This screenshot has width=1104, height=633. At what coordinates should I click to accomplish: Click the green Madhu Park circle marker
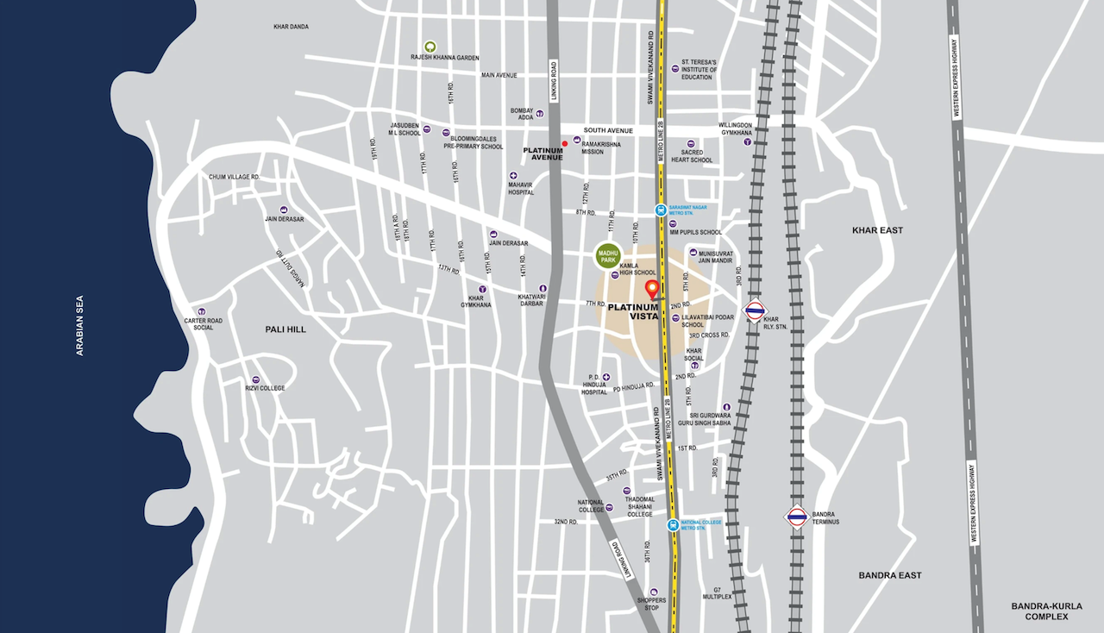608,255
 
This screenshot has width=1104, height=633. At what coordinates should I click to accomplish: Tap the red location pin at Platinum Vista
653,290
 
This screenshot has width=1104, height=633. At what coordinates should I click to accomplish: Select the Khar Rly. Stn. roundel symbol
755,310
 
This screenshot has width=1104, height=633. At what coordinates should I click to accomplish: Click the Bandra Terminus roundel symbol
796,517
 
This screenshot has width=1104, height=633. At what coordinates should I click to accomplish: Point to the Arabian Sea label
80,325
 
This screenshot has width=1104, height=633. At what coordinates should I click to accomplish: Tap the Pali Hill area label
285,329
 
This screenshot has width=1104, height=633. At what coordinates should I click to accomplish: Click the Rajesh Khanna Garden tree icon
430,47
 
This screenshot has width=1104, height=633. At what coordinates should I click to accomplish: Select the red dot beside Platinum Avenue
565,144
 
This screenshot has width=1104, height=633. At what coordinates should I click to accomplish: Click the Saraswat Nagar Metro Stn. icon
660,210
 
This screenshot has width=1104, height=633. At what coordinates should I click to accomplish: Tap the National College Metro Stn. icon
672,524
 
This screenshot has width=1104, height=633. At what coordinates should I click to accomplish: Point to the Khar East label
876,231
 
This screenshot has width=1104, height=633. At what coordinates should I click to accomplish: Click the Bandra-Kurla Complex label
1046,611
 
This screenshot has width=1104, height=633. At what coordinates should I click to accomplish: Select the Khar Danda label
291,27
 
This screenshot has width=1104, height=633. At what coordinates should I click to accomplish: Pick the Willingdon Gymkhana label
735,129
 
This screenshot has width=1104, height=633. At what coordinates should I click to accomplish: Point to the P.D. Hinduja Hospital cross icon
606,378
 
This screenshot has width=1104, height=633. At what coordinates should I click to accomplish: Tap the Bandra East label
889,575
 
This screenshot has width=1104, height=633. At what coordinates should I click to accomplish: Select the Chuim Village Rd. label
235,177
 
